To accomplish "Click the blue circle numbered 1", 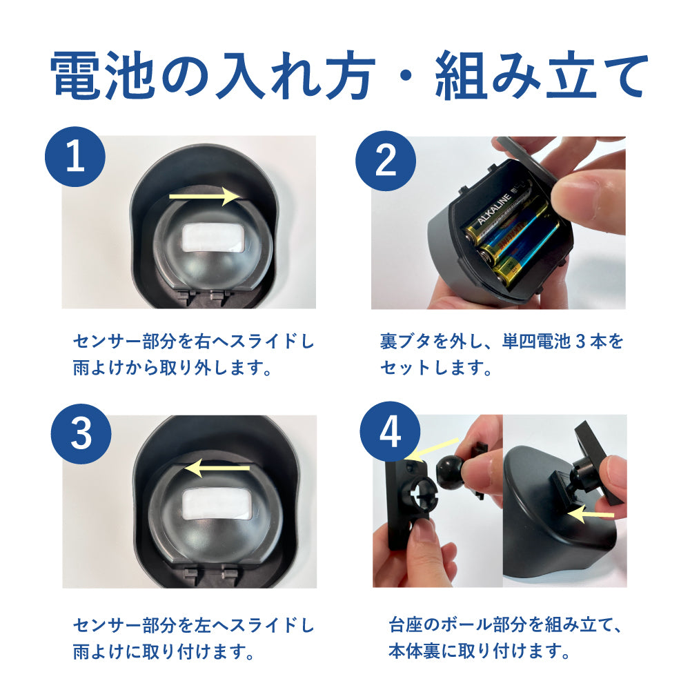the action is click(x=75, y=157).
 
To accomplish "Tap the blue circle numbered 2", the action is click(x=386, y=161).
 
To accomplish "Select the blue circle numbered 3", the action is click(x=81, y=433).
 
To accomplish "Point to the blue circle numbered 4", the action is click(x=390, y=431).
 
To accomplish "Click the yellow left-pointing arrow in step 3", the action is click(x=217, y=469).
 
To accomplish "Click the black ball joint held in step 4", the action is click(x=450, y=471).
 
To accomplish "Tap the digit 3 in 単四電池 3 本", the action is click(x=580, y=342).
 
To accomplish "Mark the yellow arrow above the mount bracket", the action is click(x=435, y=449).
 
